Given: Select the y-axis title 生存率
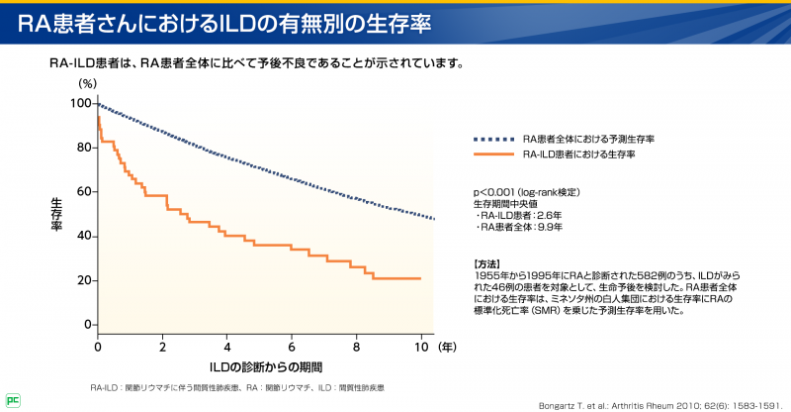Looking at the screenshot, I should click(x=57, y=213).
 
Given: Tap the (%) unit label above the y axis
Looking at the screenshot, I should click(x=88, y=83).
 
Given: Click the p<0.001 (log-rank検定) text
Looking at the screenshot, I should click(x=526, y=191).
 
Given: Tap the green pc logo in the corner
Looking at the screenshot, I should click(x=11, y=400).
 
